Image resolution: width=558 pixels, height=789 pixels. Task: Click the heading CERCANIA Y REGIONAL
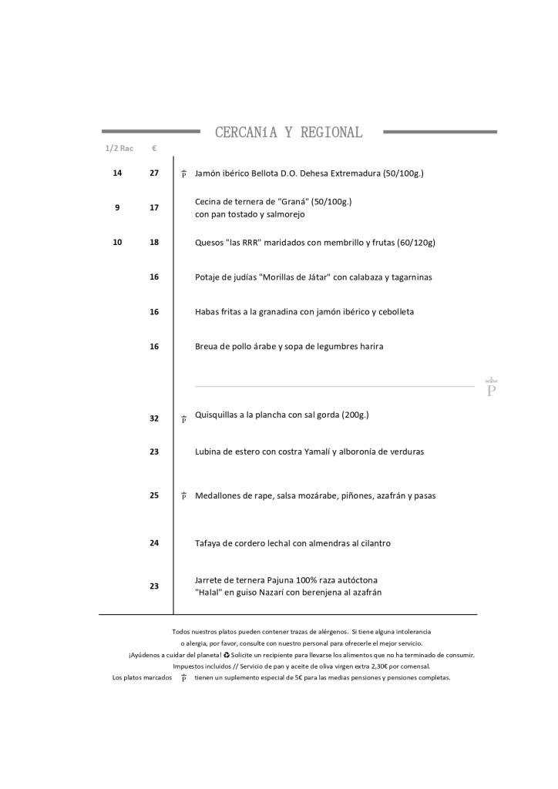pyautogui.click(x=288, y=133)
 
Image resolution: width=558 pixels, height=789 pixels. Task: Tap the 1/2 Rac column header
pyautogui.click(x=119, y=148)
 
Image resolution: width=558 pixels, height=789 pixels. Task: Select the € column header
pyautogui.click(x=154, y=148)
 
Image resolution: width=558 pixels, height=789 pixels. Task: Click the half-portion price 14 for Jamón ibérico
pyautogui.click(x=117, y=173)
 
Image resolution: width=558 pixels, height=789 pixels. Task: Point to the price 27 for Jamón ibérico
pyautogui.click(x=154, y=173)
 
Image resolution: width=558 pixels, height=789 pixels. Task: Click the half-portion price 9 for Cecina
pyautogui.click(x=117, y=207)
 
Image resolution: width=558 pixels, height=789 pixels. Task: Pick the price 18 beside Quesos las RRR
pyautogui.click(x=154, y=242)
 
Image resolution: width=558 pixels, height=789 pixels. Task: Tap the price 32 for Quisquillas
pyautogui.click(x=154, y=418)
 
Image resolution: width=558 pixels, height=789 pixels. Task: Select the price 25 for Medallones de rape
pyautogui.click(x=154, y=495)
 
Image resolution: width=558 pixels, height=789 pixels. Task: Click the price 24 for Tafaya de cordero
pyautogui.click(x=154, y=543)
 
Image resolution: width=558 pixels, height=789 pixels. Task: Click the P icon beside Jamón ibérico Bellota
pyautogui.click(x=183, y=174)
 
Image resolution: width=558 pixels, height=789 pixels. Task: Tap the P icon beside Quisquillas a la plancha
pyautogui.click(x=183, y=419)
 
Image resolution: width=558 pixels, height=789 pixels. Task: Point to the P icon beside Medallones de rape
pyautogui.click(x=183, y=496)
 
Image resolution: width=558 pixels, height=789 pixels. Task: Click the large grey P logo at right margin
pyautogui.click(x=491, y=388)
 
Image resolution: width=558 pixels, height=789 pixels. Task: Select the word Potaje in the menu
pyautogui.click(x=207, y=277)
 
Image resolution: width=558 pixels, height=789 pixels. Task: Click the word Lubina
pyautogui.click(x=208, y=452)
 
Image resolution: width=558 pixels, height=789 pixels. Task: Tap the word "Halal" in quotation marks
pyautogui.click(x=208, y=593)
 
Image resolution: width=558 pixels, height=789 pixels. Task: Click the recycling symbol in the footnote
pyautogui.click(x=227, y=655)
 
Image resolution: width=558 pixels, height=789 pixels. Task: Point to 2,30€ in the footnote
pyautogui.click(x=382, y=666)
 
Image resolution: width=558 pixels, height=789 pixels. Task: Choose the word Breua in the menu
pyautogui.click(x=207, y=347)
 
